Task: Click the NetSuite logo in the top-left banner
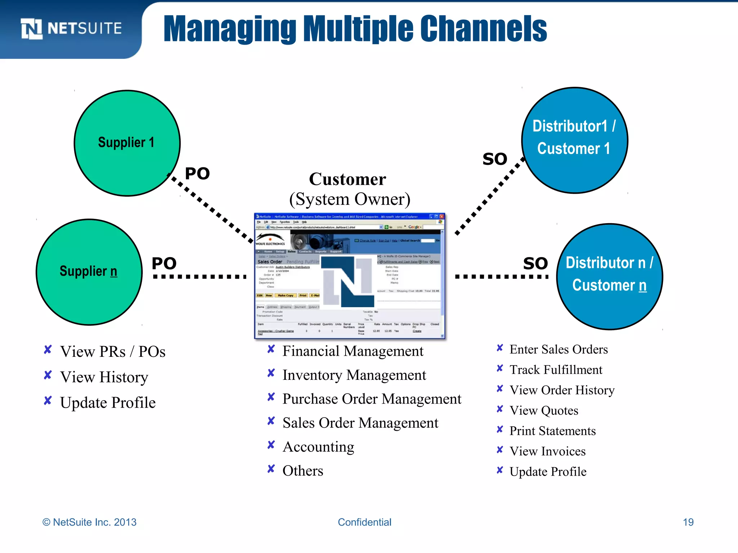point(71,29)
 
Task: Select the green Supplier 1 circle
point(127,143)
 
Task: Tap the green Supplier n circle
point(89,272)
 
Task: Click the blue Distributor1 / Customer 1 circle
point(574,140)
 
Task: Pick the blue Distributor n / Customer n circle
point(609,276)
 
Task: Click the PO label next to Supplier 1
point(197,174)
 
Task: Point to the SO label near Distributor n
point(535,264)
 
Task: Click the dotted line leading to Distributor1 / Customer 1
point(490,196)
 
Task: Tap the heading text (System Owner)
point(350,199)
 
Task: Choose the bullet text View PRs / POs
point(113,352)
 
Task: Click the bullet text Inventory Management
point(354,375)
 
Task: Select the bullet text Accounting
point(318,447)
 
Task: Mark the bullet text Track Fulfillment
point(556,370)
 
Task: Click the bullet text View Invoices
point(547,451)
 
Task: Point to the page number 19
point(688,522)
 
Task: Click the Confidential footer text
point(364,522)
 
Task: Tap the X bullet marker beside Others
point(271,469)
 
